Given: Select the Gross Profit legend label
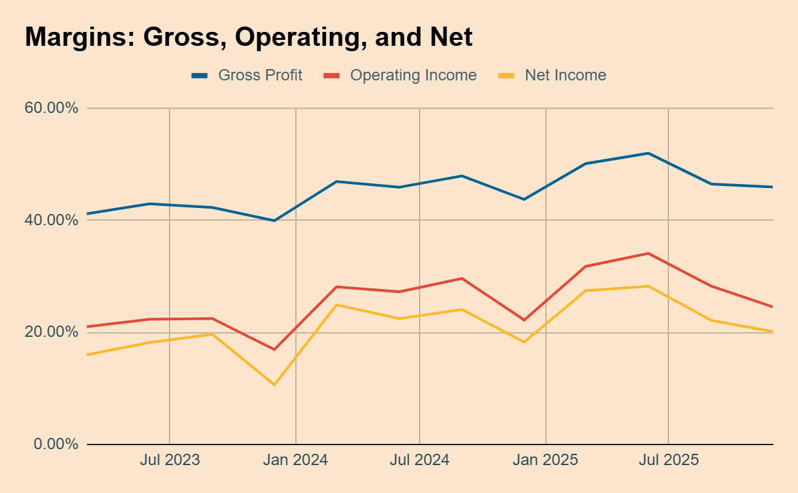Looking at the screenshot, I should (260, 75).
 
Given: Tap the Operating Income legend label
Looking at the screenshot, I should (413, 75).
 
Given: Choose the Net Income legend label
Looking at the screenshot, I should (565, 75).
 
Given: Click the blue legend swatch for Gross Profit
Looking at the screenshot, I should (199, 76).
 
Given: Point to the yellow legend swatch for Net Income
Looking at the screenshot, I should (507, 76).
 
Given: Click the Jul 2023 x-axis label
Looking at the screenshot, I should (170, 460).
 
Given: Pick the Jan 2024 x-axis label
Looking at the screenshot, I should (296, 460).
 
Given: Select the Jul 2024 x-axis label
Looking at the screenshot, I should (420, 460).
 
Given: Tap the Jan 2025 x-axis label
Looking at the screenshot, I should (546, 460).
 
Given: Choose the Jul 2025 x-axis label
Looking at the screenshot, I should (668, 460).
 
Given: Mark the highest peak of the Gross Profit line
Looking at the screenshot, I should (648, 153).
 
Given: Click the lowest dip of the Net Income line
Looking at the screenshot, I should (274, 385).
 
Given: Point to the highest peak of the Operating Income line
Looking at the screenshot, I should (648, 253).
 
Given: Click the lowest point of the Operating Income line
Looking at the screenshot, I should (274, 349).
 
